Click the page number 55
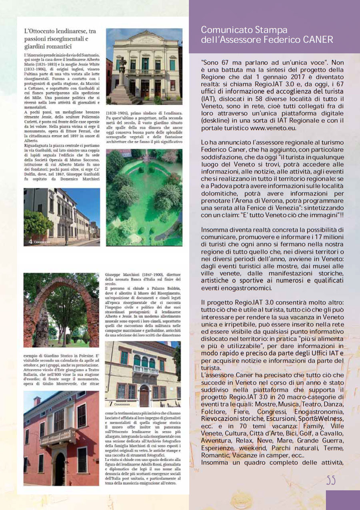[x=330, y=480]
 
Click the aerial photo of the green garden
[x=144, y=197]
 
